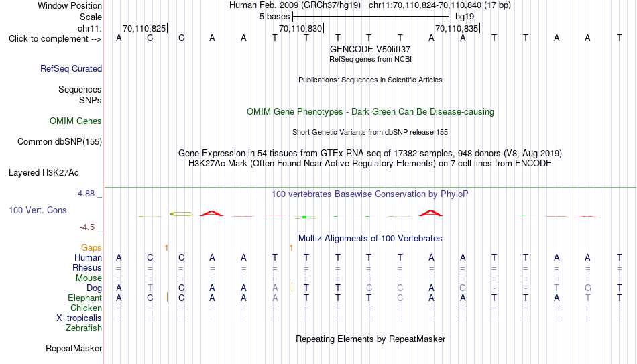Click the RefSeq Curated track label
[x=71, y=68]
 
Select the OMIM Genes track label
[x=76, y=121]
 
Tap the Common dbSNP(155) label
[x=60, y=142]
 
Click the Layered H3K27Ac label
[x=44, y=173]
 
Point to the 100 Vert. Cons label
[x=38, y=210]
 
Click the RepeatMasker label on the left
[x=74, y=348]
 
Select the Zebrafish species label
[x=84, y=328]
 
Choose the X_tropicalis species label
[x=79, y=318]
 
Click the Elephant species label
[x=84, y=298]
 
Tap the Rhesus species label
[x=87, y=267]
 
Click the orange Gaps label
[x=91, y=248]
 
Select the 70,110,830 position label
[x=300, y=28]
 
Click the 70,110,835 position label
[x=457, y=28]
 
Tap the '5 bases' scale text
[x=275, y=17]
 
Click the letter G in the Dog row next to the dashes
[x=463, y=288]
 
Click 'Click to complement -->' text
[x=55, y=39]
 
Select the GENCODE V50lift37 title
[x=370, y=49]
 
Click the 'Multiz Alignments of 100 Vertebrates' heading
[x=370, y=239]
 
